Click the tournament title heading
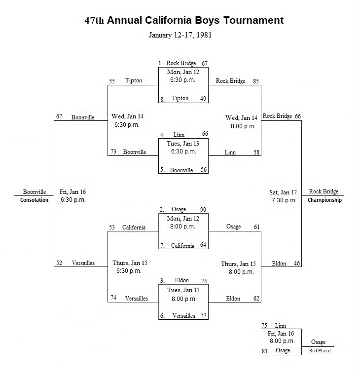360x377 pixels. [184, 20]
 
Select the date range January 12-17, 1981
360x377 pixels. [180, 35]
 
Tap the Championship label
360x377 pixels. [324, 200]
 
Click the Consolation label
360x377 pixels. [34, 200]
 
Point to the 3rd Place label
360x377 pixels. [320, 350]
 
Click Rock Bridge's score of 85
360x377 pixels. [256, 81]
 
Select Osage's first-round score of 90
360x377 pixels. [203, 209]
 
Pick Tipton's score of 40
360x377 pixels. [203, 98]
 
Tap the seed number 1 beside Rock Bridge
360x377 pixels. [161, 63]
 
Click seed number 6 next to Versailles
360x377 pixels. [162, 316]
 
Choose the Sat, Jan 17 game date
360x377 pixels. [283, 192]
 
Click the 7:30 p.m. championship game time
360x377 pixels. [284, 200]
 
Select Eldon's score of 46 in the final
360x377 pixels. [297, 264]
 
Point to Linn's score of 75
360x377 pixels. [264, 326]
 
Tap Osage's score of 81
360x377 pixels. [265, 351]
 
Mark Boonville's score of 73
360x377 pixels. [113, 151]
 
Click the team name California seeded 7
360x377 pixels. [182, 245]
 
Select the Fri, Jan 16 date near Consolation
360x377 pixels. [72, 192]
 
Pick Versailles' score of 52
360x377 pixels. [59, 263]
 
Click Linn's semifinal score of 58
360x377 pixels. [256, 152]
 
